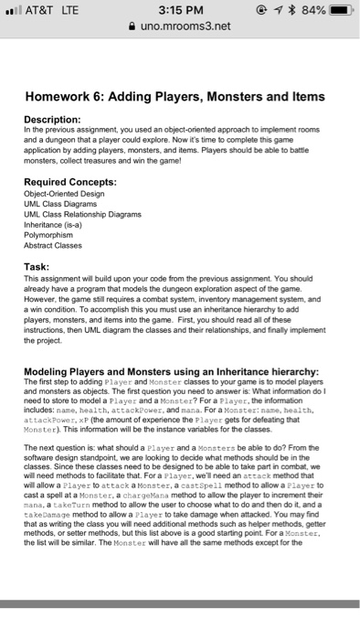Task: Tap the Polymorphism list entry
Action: coord(52,234)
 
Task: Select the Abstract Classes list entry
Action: coord(58,244)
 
